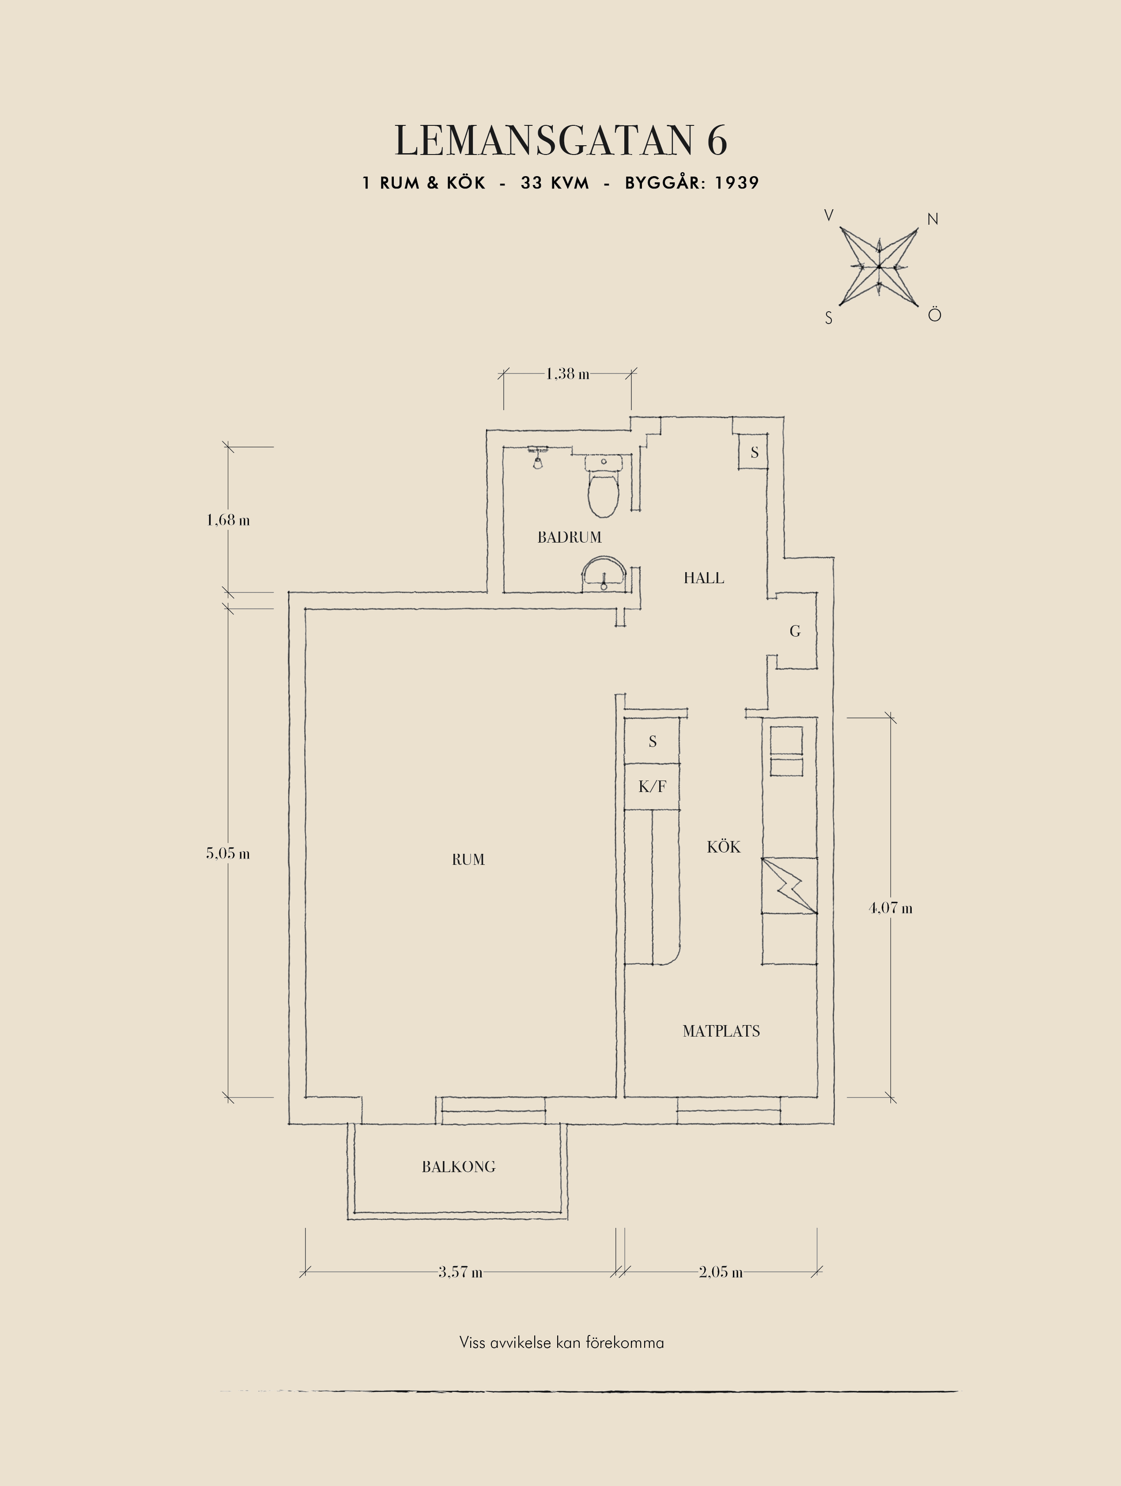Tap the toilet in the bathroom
[604, 487]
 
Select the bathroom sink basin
[604, 574]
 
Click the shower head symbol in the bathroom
[537, 457]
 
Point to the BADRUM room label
[569, 537]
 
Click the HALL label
[703, 578]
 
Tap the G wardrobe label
[795, 631]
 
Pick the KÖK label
[723, 846]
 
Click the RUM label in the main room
[468, 859]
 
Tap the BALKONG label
[459, 1167]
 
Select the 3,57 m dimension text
[460, 1272]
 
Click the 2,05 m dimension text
[721, 1272]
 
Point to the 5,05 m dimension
[228, 853]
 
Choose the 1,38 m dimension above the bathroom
[567, 373]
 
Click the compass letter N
[932, 219]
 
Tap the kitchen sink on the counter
[786, 751]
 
